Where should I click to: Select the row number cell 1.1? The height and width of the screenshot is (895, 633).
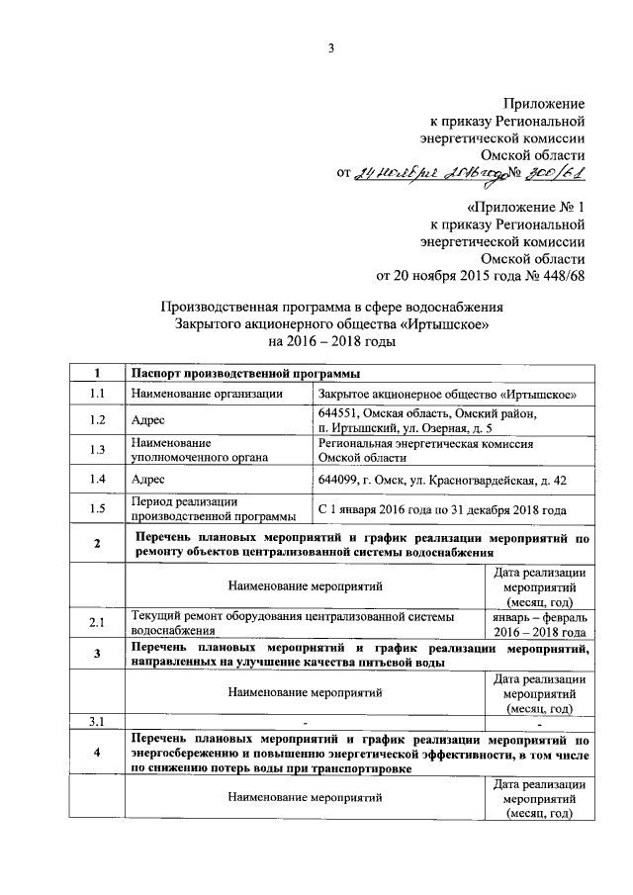(x=97, y=394)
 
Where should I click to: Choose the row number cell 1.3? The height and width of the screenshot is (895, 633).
(x=97, y=451)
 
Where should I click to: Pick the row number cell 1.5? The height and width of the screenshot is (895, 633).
(x=97, y=509)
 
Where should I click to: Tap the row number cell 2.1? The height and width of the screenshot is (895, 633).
(x=97, y=623)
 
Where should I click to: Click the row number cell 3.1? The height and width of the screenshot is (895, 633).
(x=97, y=719)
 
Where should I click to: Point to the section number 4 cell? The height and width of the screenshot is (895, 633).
(x=97, y=753)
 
